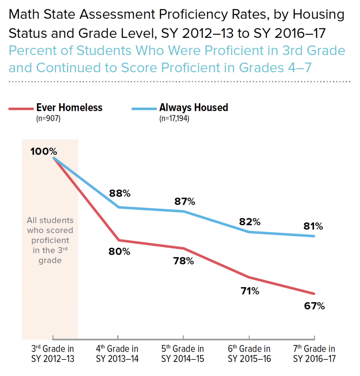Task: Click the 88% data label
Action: click(120, 194)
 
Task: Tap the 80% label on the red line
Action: click(120, 252)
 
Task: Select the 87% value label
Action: click(185, 202)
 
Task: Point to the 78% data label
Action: click(183, 261)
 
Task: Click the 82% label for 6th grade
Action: click(250, 222)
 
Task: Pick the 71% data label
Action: click(249, 292)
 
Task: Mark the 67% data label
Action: click(314, 306)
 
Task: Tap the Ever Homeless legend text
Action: click(69, 108)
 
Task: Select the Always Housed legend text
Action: click(193, 108)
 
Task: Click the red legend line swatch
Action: click(21, 109)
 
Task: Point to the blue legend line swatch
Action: click(144, 109)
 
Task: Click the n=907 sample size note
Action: click(48, 119)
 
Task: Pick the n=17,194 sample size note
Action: click(174, 119)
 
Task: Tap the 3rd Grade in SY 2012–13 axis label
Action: click(53, 354)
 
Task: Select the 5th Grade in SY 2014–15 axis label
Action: click(183, 354)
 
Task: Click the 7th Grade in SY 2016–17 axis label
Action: click(314, 354)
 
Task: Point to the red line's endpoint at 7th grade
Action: click(314, 293)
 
